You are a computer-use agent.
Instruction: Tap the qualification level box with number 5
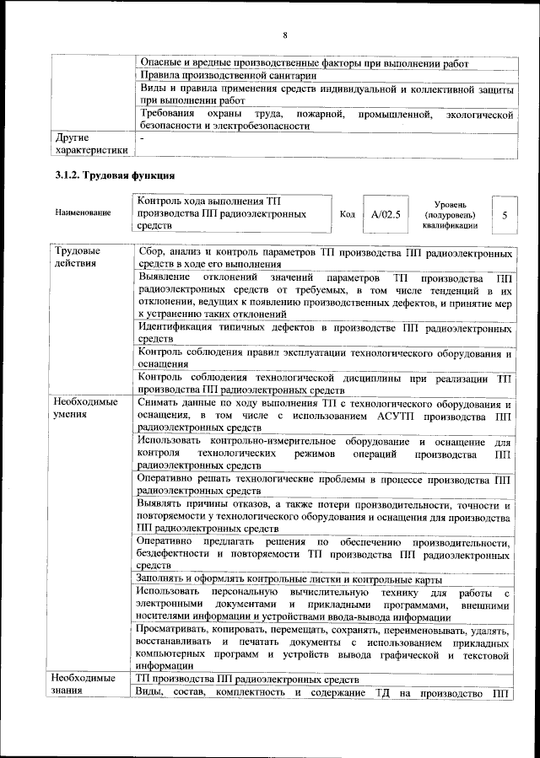pos(504,215)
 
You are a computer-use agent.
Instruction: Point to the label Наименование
pos(84,213)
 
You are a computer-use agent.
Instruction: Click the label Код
pos(347,214)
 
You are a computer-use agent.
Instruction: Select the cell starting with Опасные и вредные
pos(304,62)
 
